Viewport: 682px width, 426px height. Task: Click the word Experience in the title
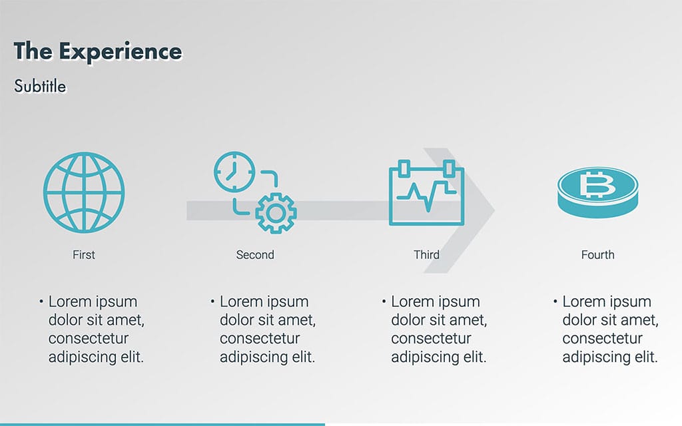click(121, 52)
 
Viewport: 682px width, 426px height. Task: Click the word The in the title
click(33, 51)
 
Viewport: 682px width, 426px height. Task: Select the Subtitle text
click(40, 86)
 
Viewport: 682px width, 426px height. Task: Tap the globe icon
click(84, 192)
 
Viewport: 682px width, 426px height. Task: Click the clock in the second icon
click(234, 172)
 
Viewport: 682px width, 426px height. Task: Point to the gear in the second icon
click(276, 213)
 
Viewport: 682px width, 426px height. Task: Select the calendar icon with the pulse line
click(426, 192)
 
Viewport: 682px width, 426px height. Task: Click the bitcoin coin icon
click(597, 192)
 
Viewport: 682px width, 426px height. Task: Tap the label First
click(83, 255)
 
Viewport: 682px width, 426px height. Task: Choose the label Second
click(255, 255)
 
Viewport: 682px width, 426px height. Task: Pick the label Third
click(426, 255)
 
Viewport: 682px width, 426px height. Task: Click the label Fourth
click(597, 255)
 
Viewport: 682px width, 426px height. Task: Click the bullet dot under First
click(41, 301)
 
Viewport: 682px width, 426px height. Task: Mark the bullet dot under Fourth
click(555, 301)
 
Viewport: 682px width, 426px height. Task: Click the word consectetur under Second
click(260, 338)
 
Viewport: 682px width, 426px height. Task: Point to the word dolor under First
click(65, 320)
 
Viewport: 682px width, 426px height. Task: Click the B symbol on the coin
click(597, 185)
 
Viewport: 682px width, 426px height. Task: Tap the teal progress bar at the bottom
click(163, 424)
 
